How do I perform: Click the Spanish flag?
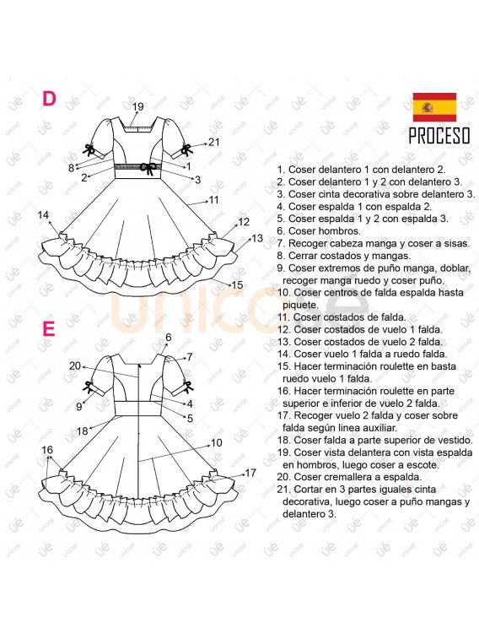pos(434,107)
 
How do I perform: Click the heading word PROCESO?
pos(439,136)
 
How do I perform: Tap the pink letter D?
pos(49,99)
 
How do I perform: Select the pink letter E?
pos(49,329)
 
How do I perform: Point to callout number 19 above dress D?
pos(138,106)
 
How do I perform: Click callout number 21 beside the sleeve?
pos(214,142)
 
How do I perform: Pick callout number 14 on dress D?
pos(43,214)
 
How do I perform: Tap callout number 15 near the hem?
pos(237,284)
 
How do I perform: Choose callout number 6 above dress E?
pos(169,337)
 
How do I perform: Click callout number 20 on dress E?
pos(75,366)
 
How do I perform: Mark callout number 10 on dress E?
pos(217,442)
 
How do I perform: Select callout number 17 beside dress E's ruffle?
pos(250,473)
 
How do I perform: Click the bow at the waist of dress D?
pos(148,168)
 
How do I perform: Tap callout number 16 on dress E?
pos(47,450)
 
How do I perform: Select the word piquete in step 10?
pos(299,305)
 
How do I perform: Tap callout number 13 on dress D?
pos(257,238)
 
